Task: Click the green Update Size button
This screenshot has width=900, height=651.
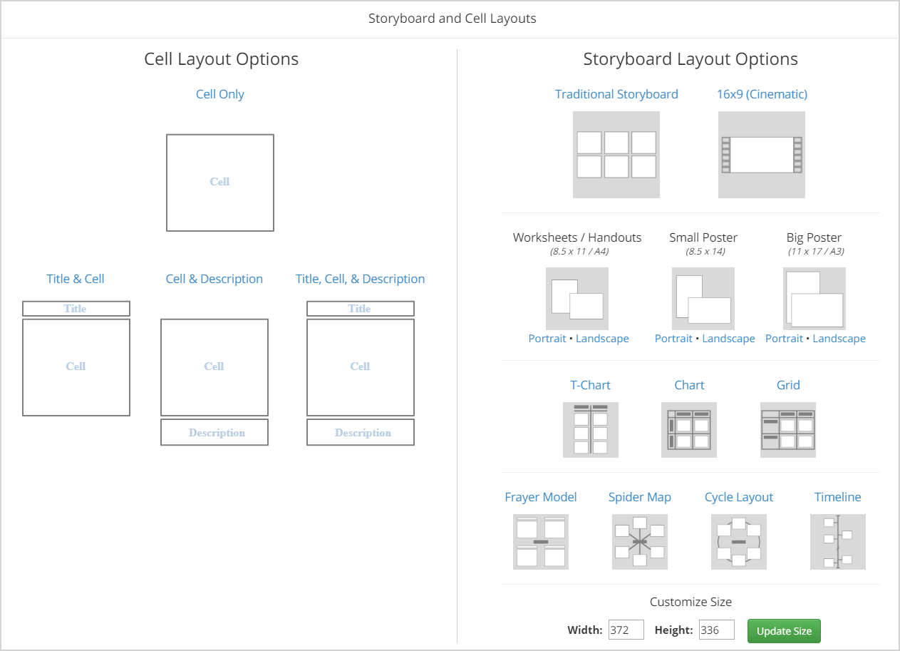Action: pos(784,631)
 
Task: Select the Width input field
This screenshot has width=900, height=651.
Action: pos(626,630)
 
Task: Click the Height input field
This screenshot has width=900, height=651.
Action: pos(716,630)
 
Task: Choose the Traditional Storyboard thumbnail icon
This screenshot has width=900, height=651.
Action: pos(616,155)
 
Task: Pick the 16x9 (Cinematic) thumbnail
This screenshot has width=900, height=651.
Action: pos(761,155)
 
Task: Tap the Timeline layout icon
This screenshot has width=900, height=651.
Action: pos(837,542)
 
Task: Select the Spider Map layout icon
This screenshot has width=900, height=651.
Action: pos(639,542)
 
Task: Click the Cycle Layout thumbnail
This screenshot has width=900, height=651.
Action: pos(738,542)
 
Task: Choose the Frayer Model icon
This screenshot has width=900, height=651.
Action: pos(540,542)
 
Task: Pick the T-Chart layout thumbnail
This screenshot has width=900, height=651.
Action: pos(590,430)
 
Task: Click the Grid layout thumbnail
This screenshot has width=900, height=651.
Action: pos(787,430)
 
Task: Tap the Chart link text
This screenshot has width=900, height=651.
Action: pos(689,385)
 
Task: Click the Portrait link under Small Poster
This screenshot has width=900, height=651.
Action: pos(673,339)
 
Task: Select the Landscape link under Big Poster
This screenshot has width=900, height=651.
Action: pos(839,339)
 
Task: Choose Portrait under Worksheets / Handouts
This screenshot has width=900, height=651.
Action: pos(547,339)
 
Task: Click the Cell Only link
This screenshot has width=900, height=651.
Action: pos(219,94)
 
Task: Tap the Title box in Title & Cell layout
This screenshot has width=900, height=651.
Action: pos(76,309)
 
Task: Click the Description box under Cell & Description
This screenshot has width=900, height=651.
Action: pos(214,433)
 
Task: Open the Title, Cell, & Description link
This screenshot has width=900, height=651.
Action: pos(360,279)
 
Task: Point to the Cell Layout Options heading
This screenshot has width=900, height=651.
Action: pos(221,59)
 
